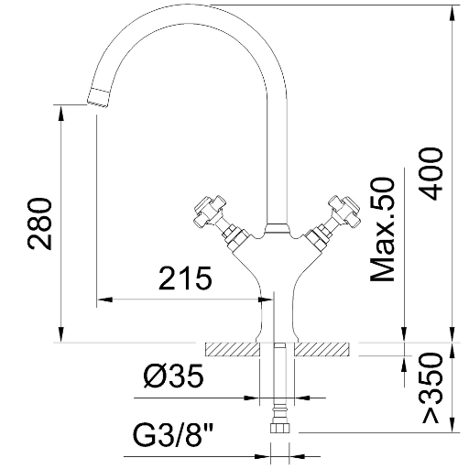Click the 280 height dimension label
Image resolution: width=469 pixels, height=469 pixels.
pos(39,224)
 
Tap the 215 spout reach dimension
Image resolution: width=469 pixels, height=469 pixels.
pos(185,278)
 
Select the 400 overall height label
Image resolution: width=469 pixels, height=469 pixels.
pos(431,174)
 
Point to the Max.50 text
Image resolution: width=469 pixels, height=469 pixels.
pos(383,229)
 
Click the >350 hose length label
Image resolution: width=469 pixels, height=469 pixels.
pos(431,388)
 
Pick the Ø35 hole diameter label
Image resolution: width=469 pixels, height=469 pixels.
pos(173,376)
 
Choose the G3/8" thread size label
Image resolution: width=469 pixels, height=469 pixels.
pos(173,433)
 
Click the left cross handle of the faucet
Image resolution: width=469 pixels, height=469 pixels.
pos(210,211)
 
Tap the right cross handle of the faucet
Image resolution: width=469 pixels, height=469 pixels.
pos(344,211)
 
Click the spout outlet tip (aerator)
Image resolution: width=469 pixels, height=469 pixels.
pos(99,98)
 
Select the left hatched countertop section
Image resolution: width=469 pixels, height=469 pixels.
pos(233,350)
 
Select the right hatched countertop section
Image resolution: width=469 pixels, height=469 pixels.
pos(321,350)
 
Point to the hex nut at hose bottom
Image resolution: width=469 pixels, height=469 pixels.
pos(279,427)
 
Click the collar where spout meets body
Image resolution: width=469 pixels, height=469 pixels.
pos(277,229)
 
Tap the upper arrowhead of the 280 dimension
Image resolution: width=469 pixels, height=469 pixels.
pos(61,113)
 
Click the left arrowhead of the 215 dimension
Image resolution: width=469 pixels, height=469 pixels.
pos(104,300)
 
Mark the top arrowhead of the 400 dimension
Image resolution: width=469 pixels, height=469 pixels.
pos(453,13)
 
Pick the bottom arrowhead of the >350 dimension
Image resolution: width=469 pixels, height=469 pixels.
pos(453,425)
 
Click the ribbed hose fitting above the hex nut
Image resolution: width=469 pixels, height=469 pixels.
pos(279,411)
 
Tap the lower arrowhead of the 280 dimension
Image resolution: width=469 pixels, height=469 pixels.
pos(61,334)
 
